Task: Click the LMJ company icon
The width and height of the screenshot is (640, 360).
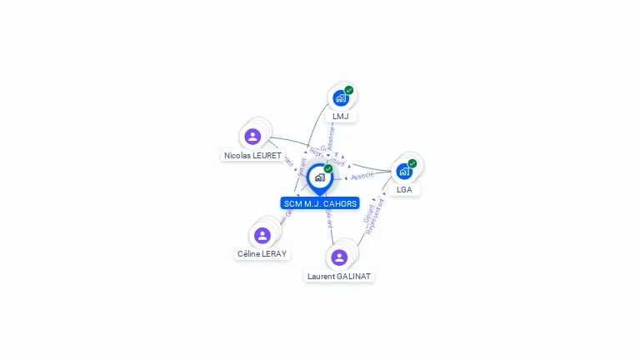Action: pyautogui.click(x=340, y=98)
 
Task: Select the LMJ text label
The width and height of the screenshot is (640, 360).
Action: pyautogui.click(x=341, y=117)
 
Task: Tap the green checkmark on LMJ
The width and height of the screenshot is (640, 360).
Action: pyautogui.click(x=349, y=90)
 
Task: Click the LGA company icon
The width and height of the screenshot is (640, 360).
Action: pyautogui.click(x=404, y=172)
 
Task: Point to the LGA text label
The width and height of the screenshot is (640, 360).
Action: pyautogui.click(x=404, y=190)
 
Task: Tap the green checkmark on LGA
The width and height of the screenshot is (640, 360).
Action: pyautogui.click(x=412, y=163)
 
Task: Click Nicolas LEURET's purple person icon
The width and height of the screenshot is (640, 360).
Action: pyautogui.click(x=252, y=137)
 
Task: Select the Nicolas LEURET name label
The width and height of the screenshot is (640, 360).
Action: pyautogui.click(x=252, y=156)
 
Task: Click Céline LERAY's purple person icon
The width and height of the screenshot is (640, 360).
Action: pyautogui.click(x=262, y=235)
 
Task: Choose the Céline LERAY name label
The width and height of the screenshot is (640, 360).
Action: pyautogui.click(x=262, y=253)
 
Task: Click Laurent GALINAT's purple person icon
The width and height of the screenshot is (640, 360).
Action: pyautogui.click(x=339, y=257)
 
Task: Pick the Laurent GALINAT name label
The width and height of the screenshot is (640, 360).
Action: pyautogui.click(x=339, y=276)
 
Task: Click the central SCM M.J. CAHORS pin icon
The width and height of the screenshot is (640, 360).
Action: pyautogui.click(x=319, y=177)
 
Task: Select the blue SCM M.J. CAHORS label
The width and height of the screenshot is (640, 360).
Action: pyautogui.click(x=320, y=203)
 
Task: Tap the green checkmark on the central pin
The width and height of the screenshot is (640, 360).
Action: pyautogui.click(x=328, y=168)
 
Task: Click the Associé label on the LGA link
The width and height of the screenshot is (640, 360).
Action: pyautogui.click(x=362, y=176)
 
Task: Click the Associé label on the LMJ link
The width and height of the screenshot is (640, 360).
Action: pyautogui.click(x=331, y=137)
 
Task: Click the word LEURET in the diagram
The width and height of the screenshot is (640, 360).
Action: pyautogui.click(x=266, y=156)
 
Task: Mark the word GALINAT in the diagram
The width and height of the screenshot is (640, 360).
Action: pyautogui.click(x=355, y=276)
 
